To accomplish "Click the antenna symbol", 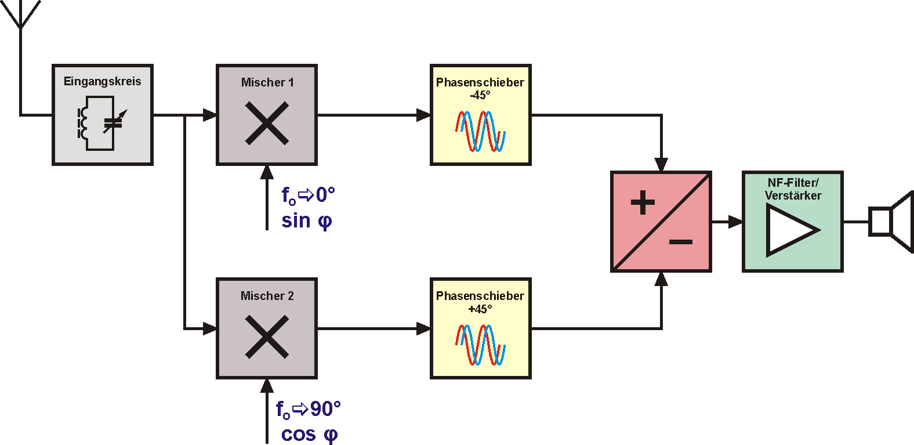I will pos(20,15).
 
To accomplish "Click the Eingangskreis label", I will pos(102,81).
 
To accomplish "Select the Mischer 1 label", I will pos(267,82).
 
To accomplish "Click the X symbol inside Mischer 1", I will pos(267,123).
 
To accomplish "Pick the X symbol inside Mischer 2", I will pos(267,337).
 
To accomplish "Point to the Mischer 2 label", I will pos(267,296).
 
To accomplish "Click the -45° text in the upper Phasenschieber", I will pos(480,95).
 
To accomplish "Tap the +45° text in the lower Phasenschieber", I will pos(480,309).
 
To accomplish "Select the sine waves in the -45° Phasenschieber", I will pos(480,131).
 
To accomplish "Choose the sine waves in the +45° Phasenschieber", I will pos(480,345).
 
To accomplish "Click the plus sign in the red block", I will pos(643,203).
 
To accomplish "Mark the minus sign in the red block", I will pos(681,242).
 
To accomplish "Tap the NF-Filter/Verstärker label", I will pos(793,189).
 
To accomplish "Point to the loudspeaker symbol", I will pos(891,222).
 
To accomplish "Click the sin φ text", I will pos(306,221).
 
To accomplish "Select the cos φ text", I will pos(309,435).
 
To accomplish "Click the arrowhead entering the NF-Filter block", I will pos(736,222).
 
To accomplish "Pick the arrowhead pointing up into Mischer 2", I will pos(267,385).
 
